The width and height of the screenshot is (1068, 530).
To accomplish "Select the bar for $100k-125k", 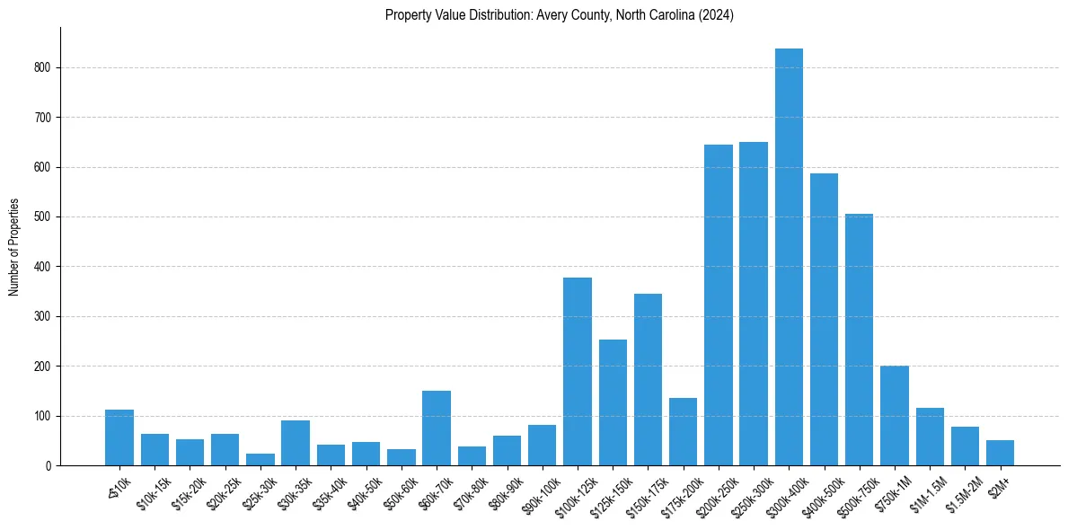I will tap(578, 372).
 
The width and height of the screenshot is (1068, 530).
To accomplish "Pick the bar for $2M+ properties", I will tap(1000, 453).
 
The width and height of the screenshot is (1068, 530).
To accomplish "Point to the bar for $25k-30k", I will tap(260, 459).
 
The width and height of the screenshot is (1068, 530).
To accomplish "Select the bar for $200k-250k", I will tap(719, 305).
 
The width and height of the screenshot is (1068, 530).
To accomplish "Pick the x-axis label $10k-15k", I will tap(152, 487).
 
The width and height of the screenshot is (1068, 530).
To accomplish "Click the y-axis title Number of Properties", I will tap(14, 247).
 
